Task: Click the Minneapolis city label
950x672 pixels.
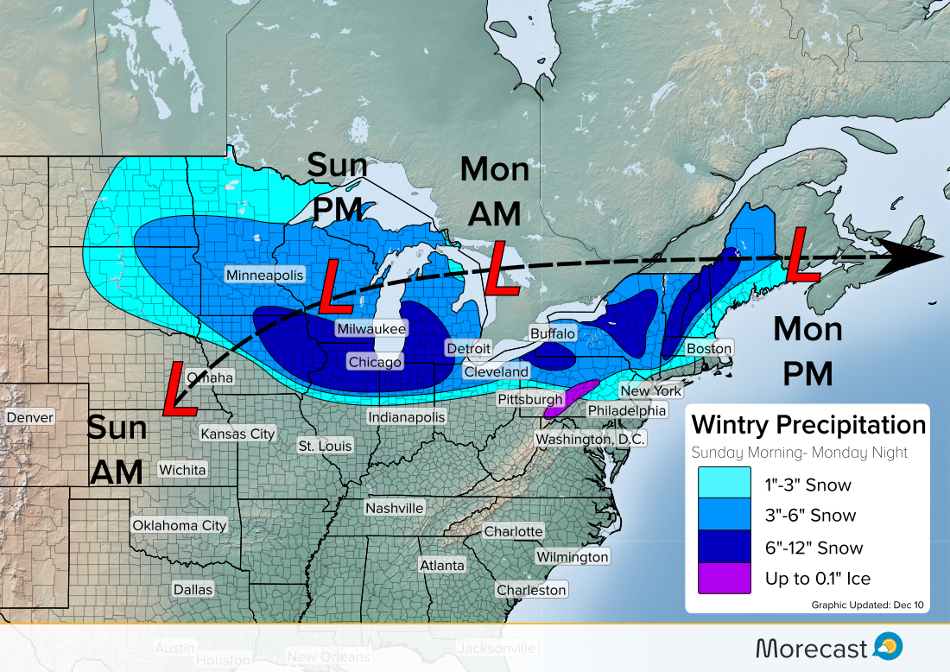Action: coord(265,275)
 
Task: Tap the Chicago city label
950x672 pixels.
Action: coord(375,362)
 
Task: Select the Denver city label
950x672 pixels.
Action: coord(30,418)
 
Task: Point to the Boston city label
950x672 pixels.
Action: coord(709,349)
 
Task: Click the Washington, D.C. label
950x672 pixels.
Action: coord(590,439)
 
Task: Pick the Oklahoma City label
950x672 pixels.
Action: coord(179,525)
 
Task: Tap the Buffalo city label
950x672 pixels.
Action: coord(553,333)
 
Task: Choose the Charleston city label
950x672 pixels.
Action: coord(531,590)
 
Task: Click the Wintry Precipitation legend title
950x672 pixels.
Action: coord(808,425)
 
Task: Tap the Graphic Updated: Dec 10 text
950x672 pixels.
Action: coord(867,605)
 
